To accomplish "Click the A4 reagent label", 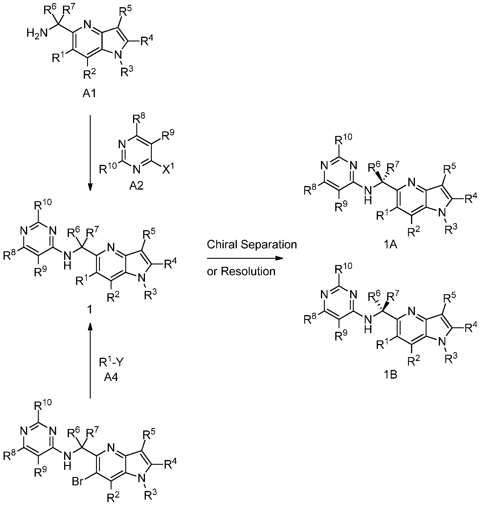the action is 111,377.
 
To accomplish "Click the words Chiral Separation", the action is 252,244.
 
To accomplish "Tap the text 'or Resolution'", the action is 241,271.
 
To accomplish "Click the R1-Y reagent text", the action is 111,362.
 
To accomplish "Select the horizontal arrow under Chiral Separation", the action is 245,258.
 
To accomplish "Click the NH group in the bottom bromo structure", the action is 69,459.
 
